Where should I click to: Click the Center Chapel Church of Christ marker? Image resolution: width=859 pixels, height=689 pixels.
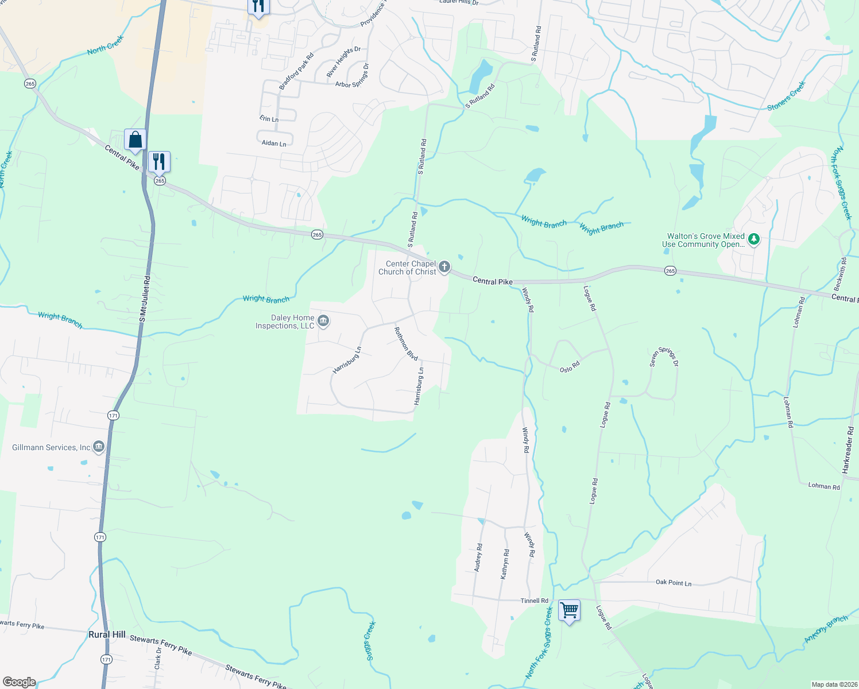tap(444, 267)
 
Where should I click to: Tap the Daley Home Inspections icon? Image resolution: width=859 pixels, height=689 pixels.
tap(323, 321)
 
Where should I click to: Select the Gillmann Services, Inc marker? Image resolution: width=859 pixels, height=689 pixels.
tap(99, 447)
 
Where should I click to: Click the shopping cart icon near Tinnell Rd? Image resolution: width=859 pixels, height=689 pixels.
tap(569, 610)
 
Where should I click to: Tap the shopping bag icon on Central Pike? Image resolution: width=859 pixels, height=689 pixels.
tap(135, 140)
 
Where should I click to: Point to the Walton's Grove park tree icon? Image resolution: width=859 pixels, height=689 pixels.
tap(754, 239)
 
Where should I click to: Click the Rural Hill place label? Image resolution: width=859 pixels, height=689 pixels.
tap(107, 634)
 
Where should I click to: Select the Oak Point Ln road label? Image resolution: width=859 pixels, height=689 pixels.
tap(674, 582)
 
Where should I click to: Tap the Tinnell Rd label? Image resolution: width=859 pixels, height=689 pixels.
tap(534, 601)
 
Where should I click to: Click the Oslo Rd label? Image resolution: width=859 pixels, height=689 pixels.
tap(570, 367)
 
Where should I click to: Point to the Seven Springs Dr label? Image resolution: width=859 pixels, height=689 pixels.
tap(664, 357)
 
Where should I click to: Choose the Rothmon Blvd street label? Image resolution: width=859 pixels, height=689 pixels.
tap(405, 343)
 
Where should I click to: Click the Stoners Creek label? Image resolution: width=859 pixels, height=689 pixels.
tap(787, 96)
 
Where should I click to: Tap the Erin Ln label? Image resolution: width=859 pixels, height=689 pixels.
tap(269, 119)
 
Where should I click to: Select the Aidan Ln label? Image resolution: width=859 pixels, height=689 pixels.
tap(274, 143)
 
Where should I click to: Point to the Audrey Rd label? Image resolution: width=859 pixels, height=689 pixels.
tap(478, 557)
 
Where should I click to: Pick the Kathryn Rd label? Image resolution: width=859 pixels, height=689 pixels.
tap(505, 564)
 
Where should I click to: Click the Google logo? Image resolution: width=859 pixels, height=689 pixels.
tap(19, 682)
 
